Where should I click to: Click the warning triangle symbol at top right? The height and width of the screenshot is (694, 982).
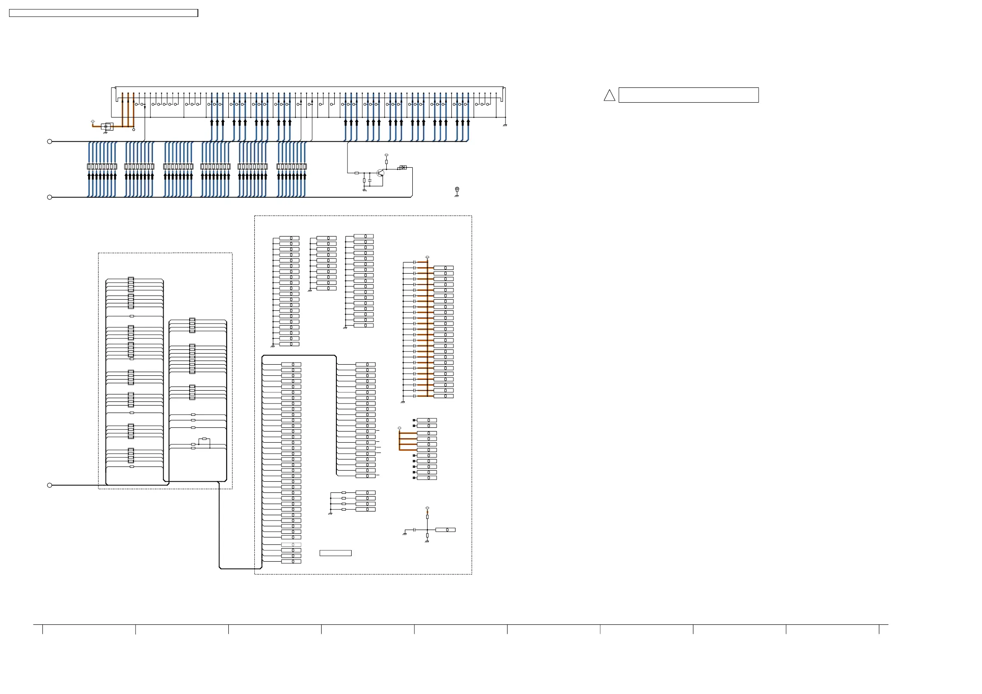(x=609, y=96)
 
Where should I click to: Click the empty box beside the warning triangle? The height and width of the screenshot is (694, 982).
(x=688, y=95)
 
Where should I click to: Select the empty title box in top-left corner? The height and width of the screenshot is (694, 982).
(x=103, y=13)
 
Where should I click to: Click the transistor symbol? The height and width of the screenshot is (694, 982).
(x=380, y=173)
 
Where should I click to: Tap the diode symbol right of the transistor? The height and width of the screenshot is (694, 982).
(x=403, y=167)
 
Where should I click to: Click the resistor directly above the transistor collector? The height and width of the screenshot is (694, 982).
(x=386, y=162)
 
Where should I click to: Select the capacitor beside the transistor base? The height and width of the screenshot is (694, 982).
(x=369, y=181)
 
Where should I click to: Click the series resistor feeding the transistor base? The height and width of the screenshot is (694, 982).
(x=357, y=173)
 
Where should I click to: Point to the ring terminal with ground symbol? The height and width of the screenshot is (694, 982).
(x=457, y=190)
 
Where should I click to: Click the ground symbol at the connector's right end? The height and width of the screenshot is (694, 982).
(x=505, y=124)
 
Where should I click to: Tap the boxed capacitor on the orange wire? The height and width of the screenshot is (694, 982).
(x=107, y=127)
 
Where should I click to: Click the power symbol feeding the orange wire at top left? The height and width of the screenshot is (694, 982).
(x=93, y=122)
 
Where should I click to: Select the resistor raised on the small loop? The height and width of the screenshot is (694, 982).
(x=204, y=439)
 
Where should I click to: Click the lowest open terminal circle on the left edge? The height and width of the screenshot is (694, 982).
(x=49, y=485)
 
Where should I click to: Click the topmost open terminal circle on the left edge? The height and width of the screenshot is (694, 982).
(x=49, y=141)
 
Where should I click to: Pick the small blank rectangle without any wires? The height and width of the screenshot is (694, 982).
(x=335, y=553)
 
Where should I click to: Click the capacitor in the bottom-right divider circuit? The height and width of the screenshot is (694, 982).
(x=414, y=530)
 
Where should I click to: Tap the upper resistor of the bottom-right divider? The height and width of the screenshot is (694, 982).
(x=427, y=517)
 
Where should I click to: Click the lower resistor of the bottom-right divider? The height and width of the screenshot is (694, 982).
(x=427, y=535)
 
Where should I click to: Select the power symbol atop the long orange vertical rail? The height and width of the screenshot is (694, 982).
(x=427, y=258)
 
